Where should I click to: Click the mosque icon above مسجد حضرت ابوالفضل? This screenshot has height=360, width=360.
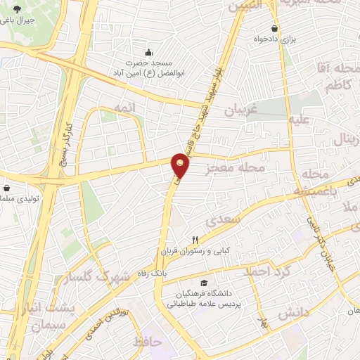(148, 52)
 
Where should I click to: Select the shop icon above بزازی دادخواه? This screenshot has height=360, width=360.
(274, 29)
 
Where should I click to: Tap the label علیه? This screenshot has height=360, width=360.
(300, 120)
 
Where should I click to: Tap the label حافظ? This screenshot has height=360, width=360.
(147, 342)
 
